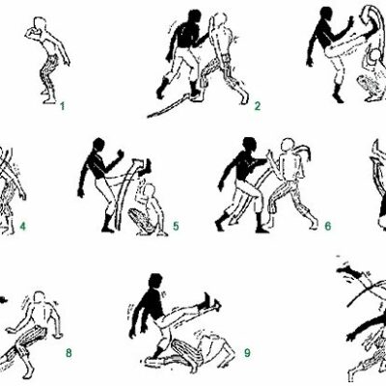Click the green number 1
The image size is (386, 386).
point(63,106)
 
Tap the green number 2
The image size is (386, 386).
point(258,106)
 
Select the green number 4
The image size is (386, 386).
point(22,226)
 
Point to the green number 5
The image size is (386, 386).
point(176,226)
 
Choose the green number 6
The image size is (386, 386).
point(327,226)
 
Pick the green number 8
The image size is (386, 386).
point(69,353)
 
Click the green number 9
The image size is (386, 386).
point(247,353)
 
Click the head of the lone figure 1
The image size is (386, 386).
point(41,24)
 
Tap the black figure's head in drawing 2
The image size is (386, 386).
point(194,16)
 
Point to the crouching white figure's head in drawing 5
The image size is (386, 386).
point(149,192)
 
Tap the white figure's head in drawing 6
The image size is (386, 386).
point(288,146)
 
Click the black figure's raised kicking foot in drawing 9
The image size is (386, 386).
point(210,302)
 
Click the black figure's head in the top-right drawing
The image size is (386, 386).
point(327,15)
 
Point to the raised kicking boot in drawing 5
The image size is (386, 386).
point(146,167)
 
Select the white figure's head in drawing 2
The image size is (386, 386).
point(219,20)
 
